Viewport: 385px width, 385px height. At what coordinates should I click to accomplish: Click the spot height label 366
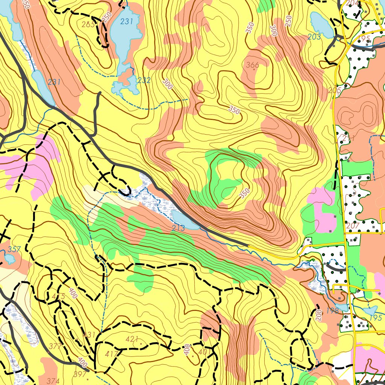point(252,65)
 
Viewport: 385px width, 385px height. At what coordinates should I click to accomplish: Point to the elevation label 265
point(88,25)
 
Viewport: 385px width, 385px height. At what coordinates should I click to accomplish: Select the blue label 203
point(314,37)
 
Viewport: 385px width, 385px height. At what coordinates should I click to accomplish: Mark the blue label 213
point(178,228)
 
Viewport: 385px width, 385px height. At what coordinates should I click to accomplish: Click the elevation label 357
point(14,249)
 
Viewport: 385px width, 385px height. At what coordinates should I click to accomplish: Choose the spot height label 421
point(132,339)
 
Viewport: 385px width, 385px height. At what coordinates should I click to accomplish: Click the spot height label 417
point(112,354)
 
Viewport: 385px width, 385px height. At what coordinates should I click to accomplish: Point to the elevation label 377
point(55,346)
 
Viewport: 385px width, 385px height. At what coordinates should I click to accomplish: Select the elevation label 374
point(53,381)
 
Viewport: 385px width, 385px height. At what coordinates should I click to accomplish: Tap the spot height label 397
point(80,374)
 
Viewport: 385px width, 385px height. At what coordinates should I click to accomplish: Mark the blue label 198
point(332,311)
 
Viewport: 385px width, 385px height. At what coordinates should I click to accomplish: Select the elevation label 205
point(334,90)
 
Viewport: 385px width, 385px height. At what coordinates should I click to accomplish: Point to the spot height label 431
point(89,334)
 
